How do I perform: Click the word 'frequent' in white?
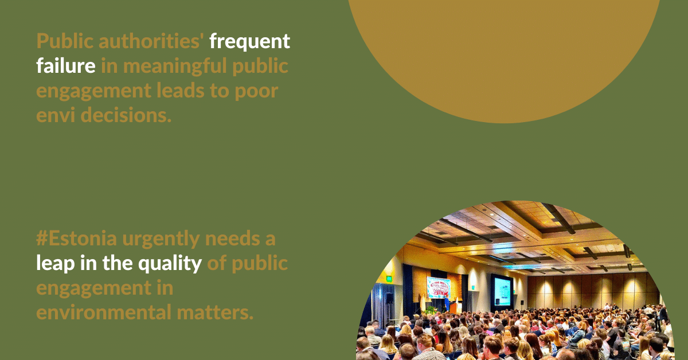pos(249,42)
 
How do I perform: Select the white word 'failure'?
pos(66,65)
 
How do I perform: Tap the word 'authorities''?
pos(151,41)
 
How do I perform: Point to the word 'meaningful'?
pos(175,67)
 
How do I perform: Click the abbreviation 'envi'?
pos(56,115)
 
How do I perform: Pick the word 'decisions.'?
pos(126,115)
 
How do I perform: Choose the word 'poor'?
pos(256,92)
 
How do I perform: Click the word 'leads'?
pos(180,91)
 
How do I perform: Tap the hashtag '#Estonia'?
pos(76,238)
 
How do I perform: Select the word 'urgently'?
pos(161,240)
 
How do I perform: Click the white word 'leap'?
pos(55,264)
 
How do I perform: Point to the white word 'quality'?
pos(170,264)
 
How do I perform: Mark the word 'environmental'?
pos(104,312)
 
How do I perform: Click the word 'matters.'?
pos(215,312)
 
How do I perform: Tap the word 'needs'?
pos(233,238)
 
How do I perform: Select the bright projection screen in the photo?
pos(502,291)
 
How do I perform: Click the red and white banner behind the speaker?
pos(439,288)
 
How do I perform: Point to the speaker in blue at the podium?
pos(447,303)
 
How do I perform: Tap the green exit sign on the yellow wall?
pos(389,279)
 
